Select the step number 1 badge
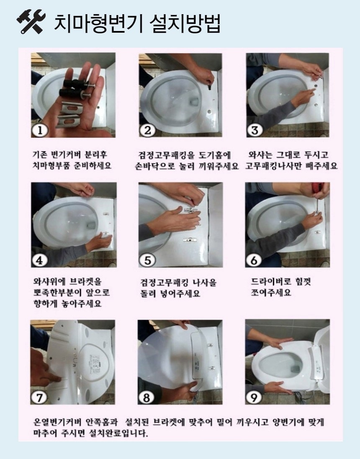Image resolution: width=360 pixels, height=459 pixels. (40, 130)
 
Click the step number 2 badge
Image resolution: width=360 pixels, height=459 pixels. (147, 130)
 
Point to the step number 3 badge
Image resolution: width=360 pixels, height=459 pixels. (255, 130)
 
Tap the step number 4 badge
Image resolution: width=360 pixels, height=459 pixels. (40, 260)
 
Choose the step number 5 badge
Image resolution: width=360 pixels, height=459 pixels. (147, 260)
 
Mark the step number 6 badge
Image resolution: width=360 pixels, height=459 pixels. (254, 260)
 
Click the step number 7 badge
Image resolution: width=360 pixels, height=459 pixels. (40, 397)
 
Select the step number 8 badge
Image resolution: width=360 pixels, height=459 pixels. (147, 397)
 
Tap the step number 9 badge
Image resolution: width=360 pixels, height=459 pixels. (254, 397)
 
